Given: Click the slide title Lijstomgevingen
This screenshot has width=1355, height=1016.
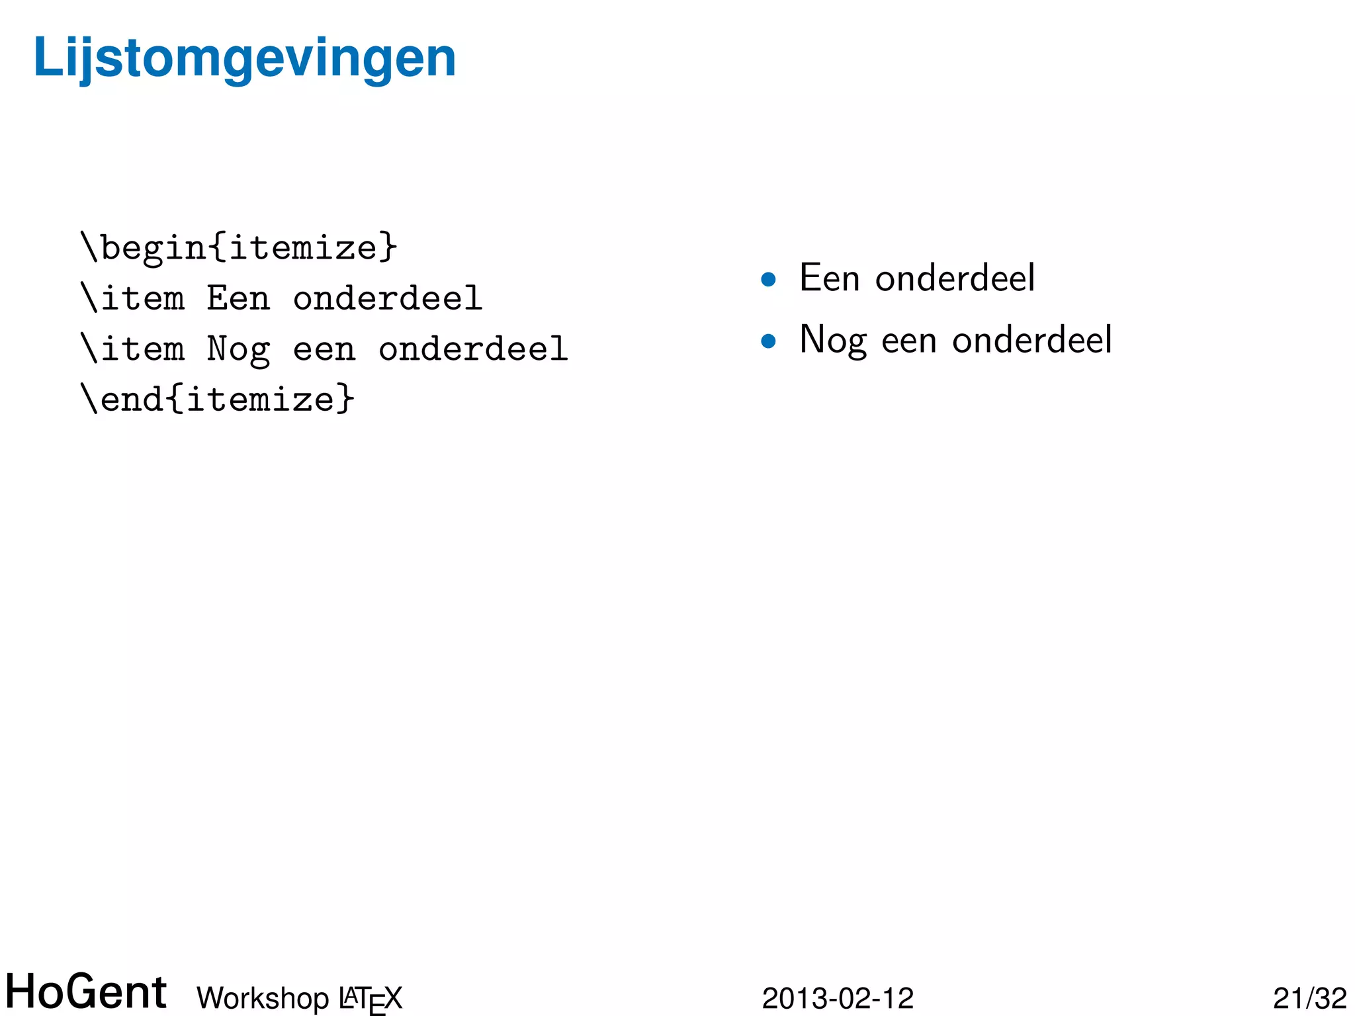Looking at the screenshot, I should tap(244, 58).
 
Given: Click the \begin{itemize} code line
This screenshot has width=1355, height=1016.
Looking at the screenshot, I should tap(238, 247).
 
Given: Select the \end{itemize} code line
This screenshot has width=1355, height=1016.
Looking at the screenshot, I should tap(217, 399).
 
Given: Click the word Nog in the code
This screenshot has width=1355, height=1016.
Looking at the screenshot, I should tap(238, 349).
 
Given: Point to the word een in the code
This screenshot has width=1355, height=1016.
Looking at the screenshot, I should tap(324, 349).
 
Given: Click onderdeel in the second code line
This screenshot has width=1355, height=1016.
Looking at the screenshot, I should tap(388, 298).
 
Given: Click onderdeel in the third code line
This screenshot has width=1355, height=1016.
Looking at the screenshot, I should tap(473, 349).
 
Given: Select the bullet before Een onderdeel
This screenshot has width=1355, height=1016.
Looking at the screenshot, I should tap(768, 280).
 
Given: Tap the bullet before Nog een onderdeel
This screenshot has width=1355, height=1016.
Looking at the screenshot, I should tap(768, 341).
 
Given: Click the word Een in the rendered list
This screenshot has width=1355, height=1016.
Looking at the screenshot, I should tap(829, 278).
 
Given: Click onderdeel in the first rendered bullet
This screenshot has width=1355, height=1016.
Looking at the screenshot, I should tap(955, 278).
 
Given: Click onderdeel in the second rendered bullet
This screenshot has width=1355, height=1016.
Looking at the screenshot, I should tap(1031, 340).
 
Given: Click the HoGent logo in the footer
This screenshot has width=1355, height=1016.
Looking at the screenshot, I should tap(86, 992).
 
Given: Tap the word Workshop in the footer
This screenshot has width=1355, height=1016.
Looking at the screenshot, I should tap(263, 998).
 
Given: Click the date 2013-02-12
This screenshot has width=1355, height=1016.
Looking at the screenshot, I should tap(838, 998).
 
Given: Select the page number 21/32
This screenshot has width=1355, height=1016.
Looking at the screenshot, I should tap(1309, 998).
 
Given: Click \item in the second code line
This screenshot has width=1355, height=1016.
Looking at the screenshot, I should tap(132, 298).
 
